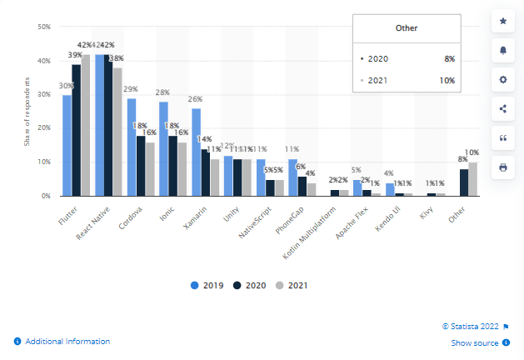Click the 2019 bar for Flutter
67,146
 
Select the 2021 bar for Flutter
86,125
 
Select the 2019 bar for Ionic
163,149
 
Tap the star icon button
502,20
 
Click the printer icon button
502,167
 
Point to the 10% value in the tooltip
447,81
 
